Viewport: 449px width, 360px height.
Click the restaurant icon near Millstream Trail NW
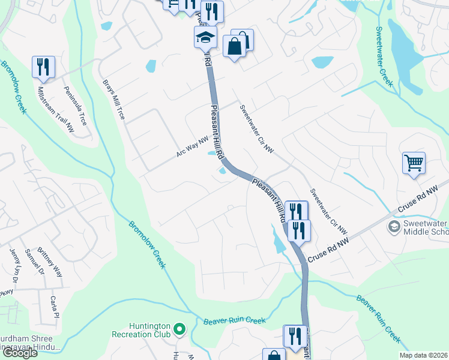(43, 67)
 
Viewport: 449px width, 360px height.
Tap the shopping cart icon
(414, 163)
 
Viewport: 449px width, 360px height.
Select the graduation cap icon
(205, 37)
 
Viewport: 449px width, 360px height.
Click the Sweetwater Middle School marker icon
(394, 226)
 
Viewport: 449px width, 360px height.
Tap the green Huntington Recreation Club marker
(179, 329)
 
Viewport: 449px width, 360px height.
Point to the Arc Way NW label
(192, 146)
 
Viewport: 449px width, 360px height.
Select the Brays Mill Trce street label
(113, 99)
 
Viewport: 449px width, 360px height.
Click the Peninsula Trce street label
(75, 106)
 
